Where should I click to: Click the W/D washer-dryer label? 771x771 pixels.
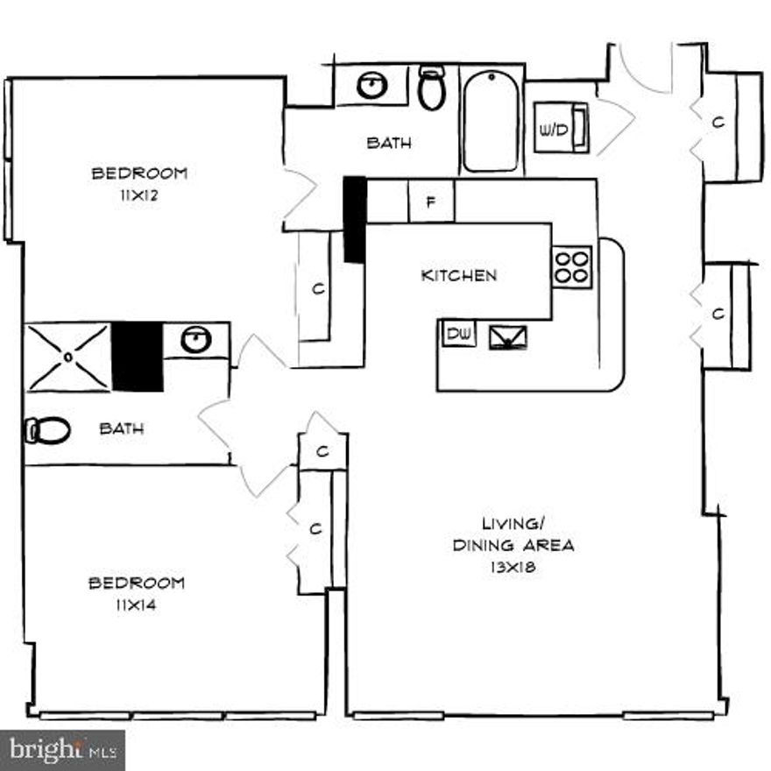554,131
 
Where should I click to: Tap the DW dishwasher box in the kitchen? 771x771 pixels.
456,333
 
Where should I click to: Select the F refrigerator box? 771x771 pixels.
431,202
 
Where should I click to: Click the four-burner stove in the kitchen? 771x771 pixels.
572,265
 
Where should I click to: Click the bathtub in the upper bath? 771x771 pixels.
491,120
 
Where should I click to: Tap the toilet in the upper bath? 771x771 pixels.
431,88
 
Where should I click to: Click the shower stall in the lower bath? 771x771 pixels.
68,357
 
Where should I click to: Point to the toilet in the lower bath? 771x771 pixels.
49,430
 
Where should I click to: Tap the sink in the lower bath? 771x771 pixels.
196,340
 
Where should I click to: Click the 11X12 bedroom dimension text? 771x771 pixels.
139,195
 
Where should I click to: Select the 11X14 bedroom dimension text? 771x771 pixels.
136,604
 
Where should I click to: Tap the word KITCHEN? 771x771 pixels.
458,275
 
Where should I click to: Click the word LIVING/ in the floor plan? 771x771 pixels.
513,524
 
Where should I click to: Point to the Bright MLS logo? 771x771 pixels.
63,750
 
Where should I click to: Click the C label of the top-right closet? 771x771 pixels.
718,123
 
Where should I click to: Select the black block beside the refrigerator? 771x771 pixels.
354,219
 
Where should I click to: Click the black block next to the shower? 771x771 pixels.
138,357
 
